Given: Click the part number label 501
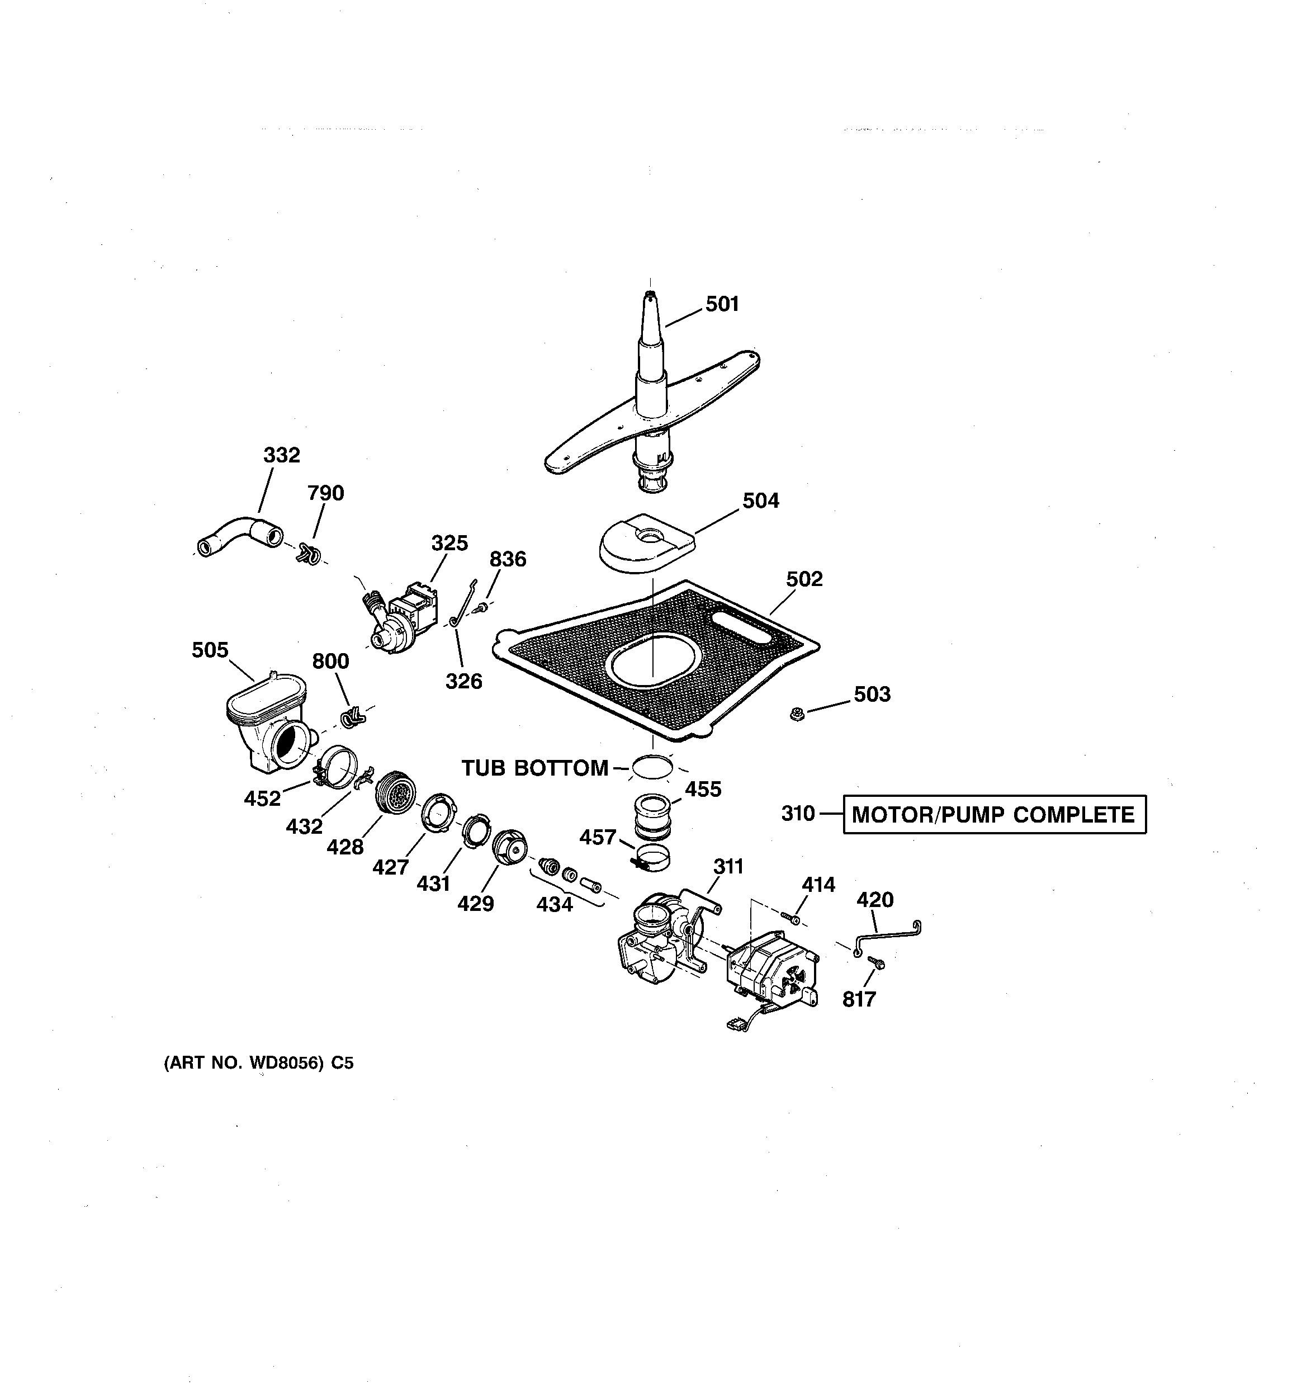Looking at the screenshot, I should click(x=722, y=304).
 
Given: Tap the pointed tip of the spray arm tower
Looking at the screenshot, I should click(x=649, y=296).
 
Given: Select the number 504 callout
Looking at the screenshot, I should click(x=760, y=500).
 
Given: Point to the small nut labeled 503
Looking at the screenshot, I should click(x=798, y=714).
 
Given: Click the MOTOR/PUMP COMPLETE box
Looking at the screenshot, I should click(x=994, y=815).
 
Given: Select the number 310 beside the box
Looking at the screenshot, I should click(x=798, y=813).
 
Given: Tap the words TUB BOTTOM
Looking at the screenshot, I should click(x=534, y=768).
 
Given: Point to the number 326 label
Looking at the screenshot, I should click(x=463, y=681).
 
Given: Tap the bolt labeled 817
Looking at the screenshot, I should click(x=877, y=963).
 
